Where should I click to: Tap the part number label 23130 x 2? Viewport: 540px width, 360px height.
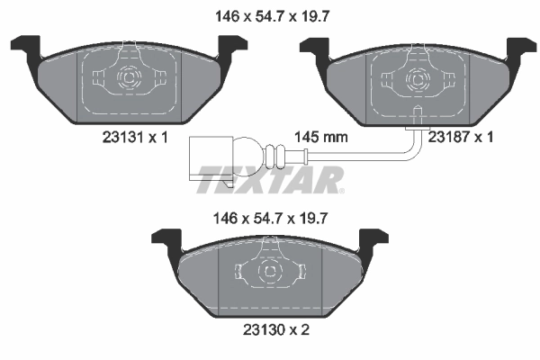point(271,330)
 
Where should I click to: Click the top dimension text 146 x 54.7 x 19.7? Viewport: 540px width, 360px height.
point(270,14)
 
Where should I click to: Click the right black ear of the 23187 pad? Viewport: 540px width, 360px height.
point(520,47)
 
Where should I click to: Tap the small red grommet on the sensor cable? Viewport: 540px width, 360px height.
point(307,162)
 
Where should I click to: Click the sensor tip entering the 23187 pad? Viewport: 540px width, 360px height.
point(418,114)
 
